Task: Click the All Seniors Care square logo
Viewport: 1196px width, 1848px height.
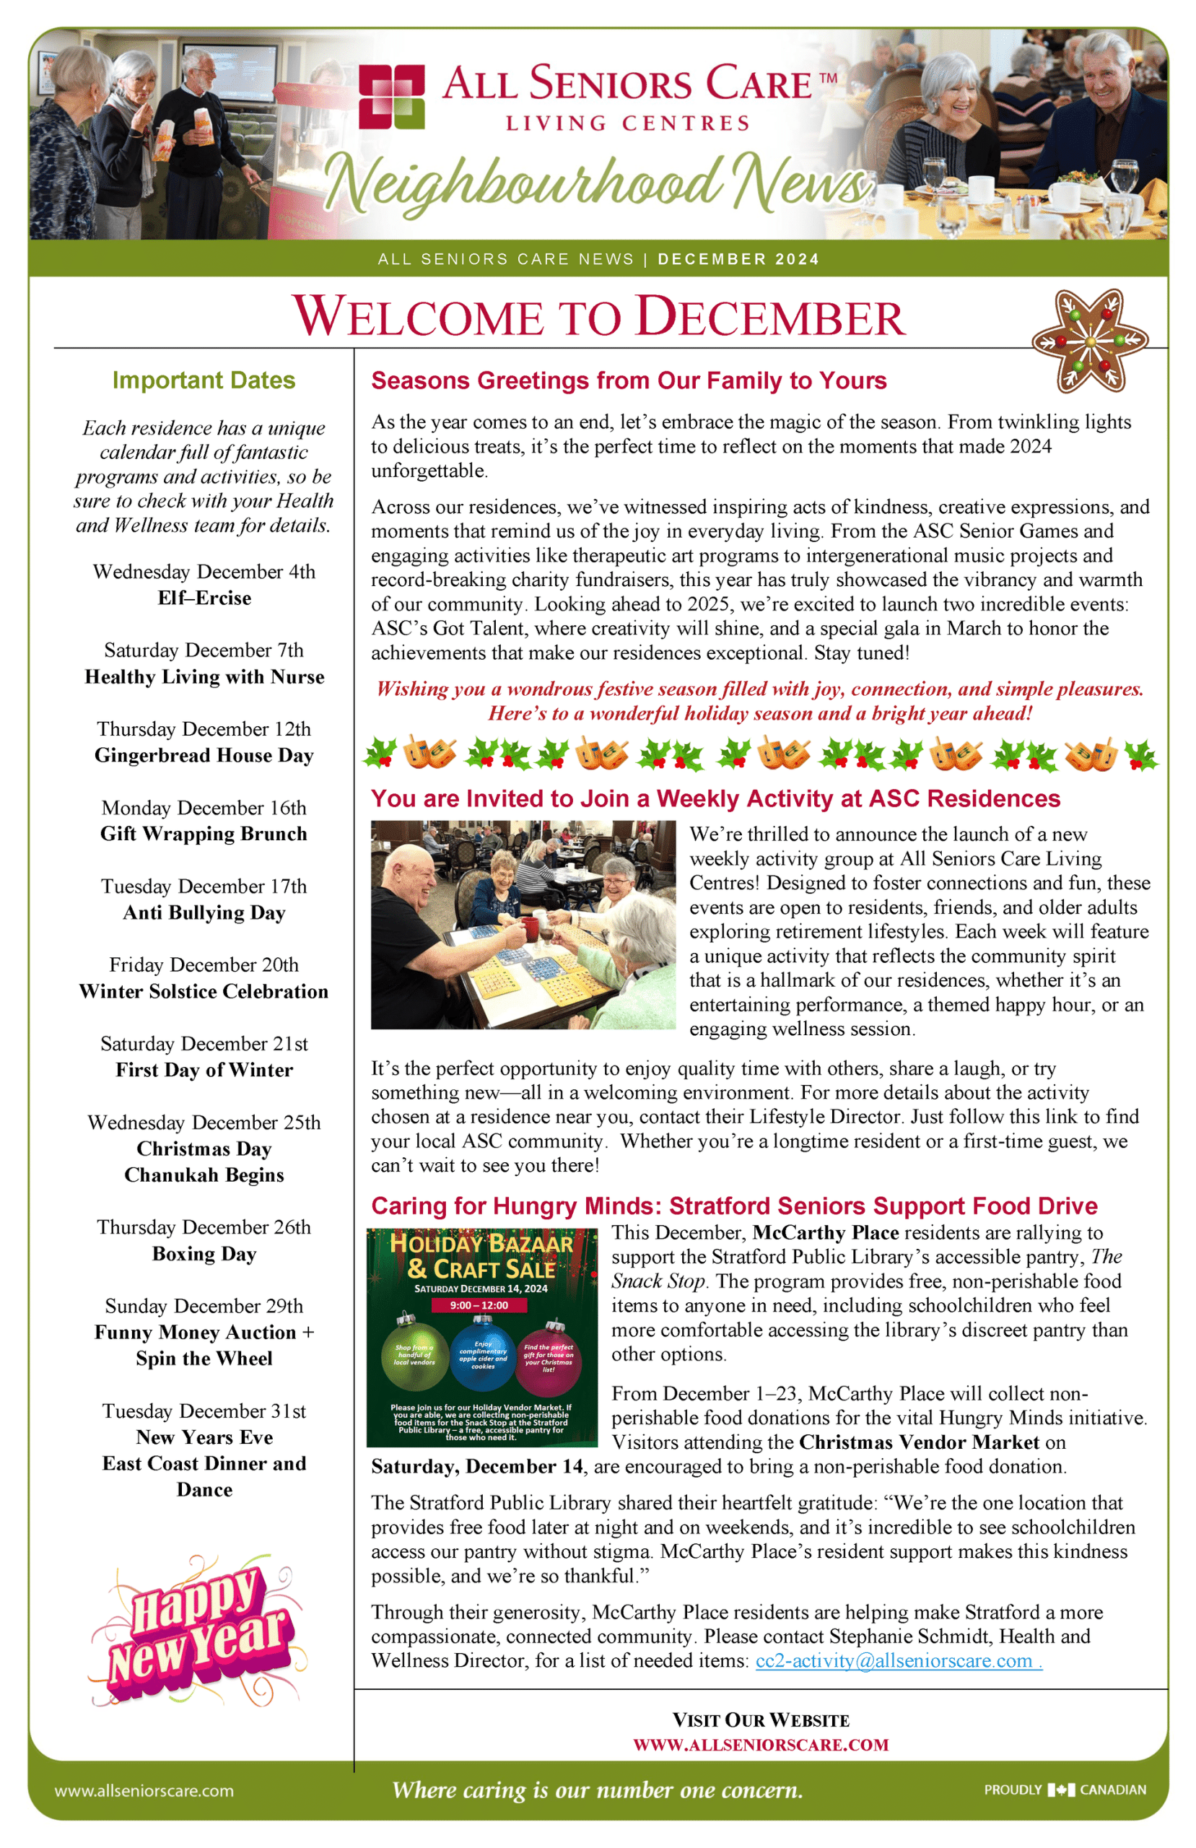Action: (391, 96)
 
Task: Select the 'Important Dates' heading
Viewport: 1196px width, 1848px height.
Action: (204, 380)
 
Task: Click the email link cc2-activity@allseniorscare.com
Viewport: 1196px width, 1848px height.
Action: (898, 1661)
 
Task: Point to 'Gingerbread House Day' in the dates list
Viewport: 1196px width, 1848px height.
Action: (204, 756)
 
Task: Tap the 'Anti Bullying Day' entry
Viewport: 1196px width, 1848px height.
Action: (204, 912)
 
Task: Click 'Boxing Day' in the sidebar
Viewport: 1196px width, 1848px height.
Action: (204, 1254)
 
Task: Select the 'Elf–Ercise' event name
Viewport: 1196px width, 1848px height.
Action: (204, 598)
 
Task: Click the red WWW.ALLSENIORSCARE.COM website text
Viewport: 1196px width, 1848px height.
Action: (760, 1745)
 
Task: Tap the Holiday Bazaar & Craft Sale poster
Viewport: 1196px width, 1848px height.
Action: (481, 1337)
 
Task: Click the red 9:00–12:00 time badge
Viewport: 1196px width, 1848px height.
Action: (479, 1305)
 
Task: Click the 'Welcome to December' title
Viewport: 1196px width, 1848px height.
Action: (598, 317)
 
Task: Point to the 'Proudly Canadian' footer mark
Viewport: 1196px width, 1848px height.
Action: (1065, 1790)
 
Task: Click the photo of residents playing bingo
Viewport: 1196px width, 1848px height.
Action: (523, 925)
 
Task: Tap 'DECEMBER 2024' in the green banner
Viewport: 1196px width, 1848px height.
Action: (738, 259)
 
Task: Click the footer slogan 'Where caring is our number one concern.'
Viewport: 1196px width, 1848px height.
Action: (597, 1790)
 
